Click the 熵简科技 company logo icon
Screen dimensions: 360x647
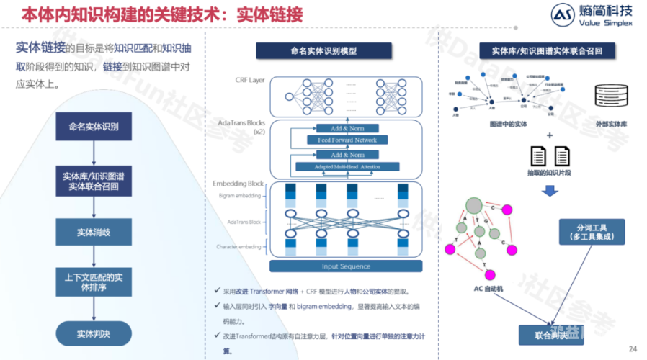(x=561, y=16)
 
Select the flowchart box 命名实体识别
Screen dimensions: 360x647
(x=94, y=127)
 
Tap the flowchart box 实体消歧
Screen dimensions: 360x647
(x=94, y=232)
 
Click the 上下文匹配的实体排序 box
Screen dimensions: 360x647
(x=94, y=282)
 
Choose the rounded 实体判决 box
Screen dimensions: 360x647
(x=94, y=333)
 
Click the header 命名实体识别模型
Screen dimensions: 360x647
(x=323, y=51)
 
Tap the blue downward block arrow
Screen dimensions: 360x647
(x=549, y=190)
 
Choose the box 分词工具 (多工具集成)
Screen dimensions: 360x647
(x=590, y=232)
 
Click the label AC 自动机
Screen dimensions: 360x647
(x=489, y=288)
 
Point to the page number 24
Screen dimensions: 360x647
(x=633, y=349)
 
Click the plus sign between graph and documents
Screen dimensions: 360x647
(x=549, y=136)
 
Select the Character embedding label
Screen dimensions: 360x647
(x=239, y=247)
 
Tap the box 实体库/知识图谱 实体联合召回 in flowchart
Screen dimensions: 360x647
(x=94, y=180)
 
